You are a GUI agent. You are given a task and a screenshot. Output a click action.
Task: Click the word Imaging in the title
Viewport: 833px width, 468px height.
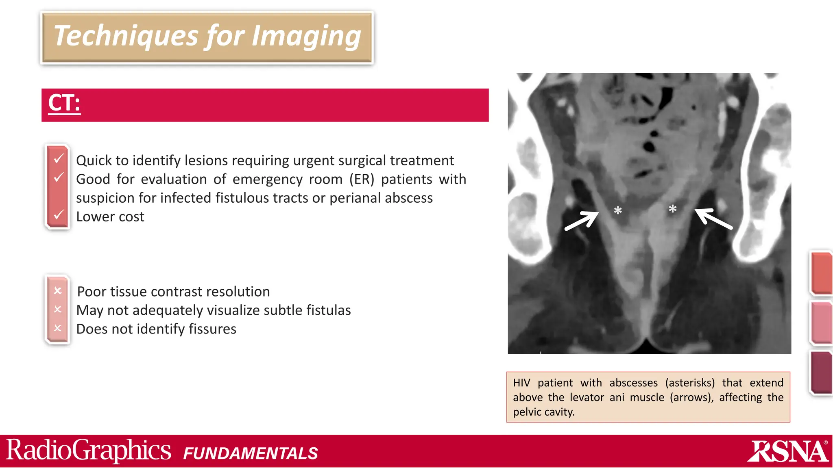coord(306,37)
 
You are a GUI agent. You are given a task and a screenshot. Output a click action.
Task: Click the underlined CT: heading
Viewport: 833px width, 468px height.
coord(64,103)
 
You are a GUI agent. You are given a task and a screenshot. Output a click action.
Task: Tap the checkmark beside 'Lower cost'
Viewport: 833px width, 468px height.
coord(59,214)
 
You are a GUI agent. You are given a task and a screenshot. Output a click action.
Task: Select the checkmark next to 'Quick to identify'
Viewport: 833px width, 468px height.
coord(59,158)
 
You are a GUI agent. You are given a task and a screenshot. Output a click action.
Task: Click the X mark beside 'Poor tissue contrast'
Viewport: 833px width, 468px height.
coord(58,290)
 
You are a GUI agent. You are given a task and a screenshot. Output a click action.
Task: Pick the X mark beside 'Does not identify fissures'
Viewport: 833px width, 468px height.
coord(58,327)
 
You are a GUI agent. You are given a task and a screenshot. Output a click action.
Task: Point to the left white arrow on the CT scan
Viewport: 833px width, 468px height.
coord(582,221)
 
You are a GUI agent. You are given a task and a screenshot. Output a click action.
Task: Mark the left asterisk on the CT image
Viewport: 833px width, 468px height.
coord(617,211)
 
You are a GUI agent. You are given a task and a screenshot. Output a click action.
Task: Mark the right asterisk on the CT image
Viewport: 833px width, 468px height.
coord(672,209)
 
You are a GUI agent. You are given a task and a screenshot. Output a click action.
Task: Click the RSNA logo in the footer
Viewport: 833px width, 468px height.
coord(788,451)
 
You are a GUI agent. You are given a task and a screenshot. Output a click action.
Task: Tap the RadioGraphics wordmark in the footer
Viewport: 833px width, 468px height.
coord(88,451)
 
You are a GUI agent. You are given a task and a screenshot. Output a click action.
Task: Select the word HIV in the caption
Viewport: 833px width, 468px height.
coord(521,383)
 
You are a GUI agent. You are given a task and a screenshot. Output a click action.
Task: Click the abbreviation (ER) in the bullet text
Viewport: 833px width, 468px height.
coord(362,179)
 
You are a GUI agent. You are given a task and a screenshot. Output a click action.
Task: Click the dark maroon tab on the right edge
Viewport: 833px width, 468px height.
coord(821,372)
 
